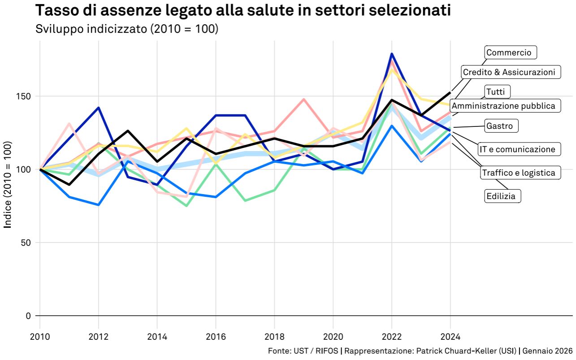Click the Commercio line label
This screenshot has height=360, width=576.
[x=509, y=53]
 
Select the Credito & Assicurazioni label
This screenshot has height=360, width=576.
[x=509, y=72]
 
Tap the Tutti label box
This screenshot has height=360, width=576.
[x=495, y=92]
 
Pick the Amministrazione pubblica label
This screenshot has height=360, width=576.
[x=503, y=106]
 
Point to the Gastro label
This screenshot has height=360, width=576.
[x=499, y=126]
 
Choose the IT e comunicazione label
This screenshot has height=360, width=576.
[x=517, y=149]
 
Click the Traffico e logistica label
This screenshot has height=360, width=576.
[x=518, y=173]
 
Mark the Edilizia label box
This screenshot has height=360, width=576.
[x=501, y=196]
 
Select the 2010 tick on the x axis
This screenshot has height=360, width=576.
[x=40, y=336]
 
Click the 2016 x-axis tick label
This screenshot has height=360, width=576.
[x=216, y=336]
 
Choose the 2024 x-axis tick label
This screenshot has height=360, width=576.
[x=450, y=336]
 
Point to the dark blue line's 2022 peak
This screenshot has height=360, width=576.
[x=392, y=54]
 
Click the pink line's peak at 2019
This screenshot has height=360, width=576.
[x=304, y=99]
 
